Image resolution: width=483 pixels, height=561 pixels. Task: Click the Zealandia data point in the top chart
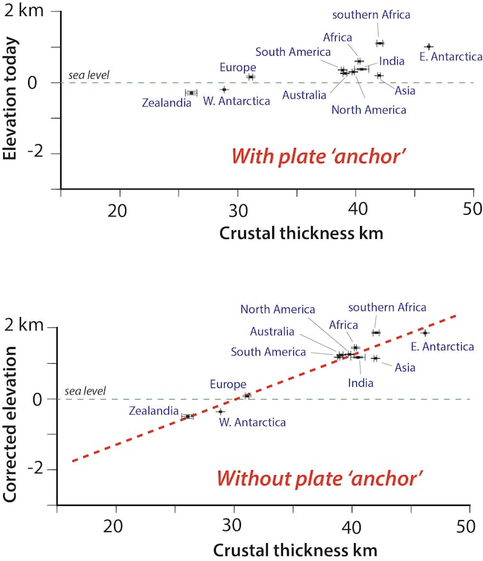tap(191, 93)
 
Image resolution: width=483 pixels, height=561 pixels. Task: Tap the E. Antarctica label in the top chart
tap(450, 57)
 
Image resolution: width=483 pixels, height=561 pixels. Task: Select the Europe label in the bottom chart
tap(228, 384)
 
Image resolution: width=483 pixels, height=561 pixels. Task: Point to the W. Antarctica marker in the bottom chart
tap(220, 412)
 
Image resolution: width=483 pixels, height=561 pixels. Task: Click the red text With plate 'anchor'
tap(318, 156)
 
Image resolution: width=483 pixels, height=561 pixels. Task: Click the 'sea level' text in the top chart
tap(89, 76)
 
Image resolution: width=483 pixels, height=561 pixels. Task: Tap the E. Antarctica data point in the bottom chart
tap(425, 333)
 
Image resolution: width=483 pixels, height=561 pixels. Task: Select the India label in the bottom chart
tap(361, 383)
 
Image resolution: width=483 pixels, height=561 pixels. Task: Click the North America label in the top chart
tap(368, 110)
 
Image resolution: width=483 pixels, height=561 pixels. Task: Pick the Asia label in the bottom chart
tap(405, 368)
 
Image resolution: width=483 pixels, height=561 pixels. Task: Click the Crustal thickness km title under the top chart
tap(301, 233)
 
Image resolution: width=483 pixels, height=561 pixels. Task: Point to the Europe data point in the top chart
tap(250, 77)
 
